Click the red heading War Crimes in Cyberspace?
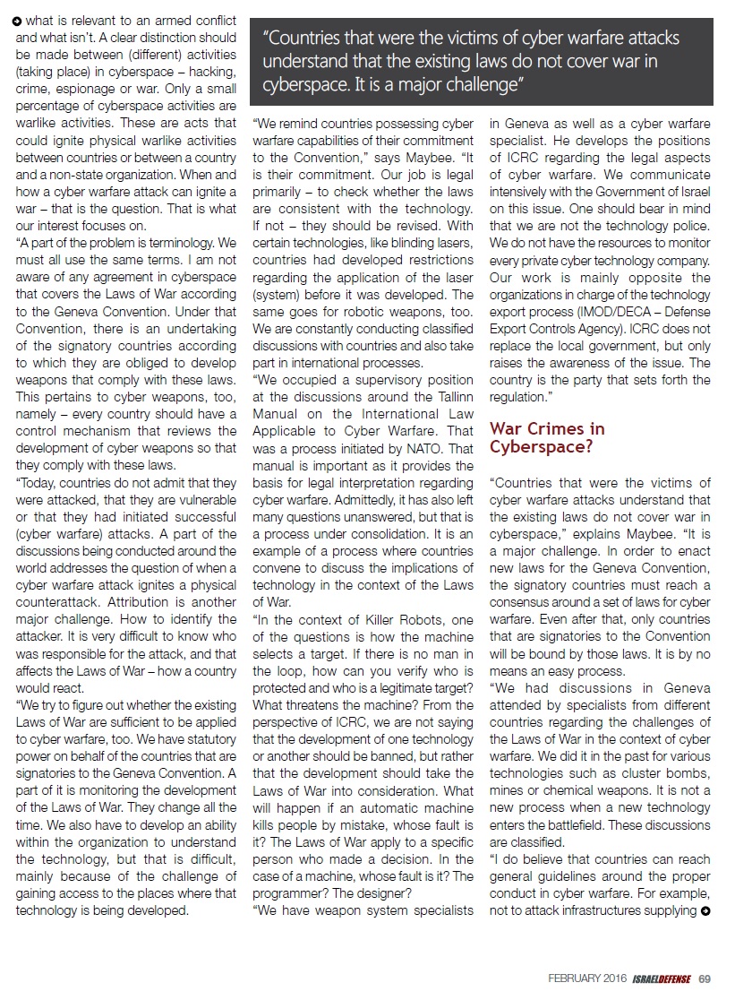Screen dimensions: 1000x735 tap(547, 437)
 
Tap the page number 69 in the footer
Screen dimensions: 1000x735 tap(705, 978)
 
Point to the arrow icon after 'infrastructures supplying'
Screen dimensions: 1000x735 tap(706, 910)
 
